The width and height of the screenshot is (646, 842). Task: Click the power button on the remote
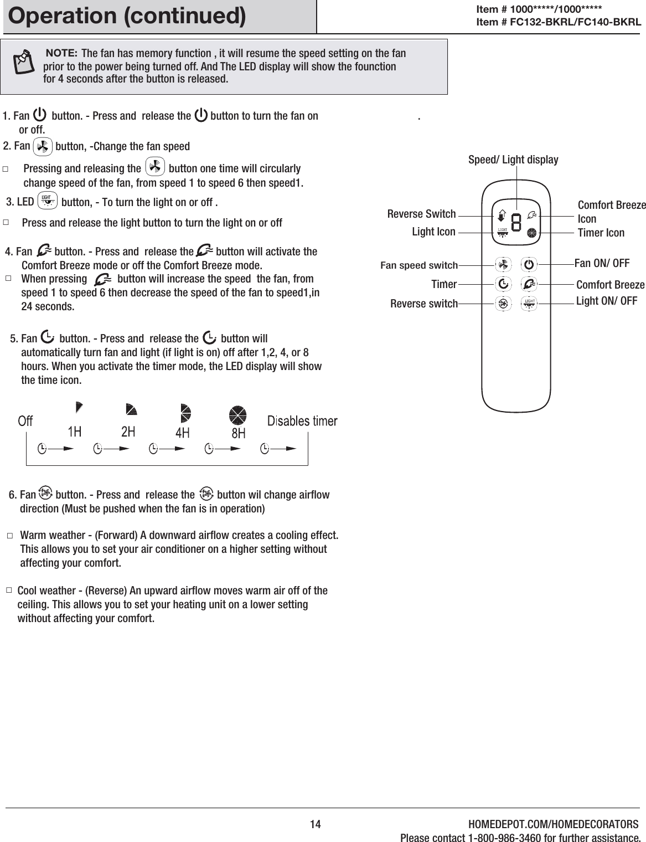click(530, 265)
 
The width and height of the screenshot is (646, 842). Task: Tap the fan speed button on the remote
click(503, 265)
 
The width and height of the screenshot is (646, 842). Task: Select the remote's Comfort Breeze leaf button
click(530, 284)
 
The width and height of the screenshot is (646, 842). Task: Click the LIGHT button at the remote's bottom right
click(530, 303)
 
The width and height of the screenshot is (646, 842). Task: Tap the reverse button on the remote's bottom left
click(503, 304)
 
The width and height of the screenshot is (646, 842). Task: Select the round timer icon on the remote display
click(532, 233)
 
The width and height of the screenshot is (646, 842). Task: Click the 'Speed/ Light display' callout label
click(513, 160)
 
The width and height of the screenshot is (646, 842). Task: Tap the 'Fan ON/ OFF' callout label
click(602, 263)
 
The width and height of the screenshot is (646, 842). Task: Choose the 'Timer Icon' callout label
click(601, 233)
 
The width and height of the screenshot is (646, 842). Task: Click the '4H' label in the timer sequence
click(182, 434)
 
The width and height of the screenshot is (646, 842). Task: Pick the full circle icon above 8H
click(238, 414)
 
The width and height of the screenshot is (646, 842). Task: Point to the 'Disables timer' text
click(302, 421)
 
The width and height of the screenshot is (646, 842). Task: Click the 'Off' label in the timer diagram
click(25, 422)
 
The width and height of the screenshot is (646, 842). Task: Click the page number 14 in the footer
click(315, 824)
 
